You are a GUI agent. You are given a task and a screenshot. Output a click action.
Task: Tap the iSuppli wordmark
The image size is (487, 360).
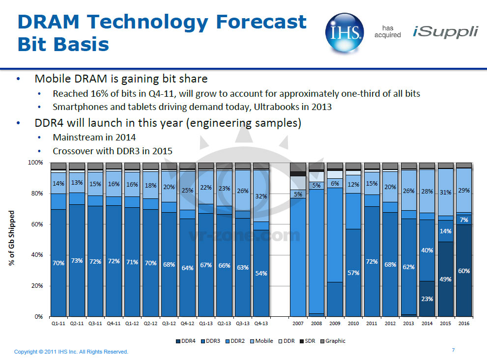(445, 32)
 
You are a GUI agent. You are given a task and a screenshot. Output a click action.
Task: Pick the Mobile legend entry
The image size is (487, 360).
(263, 341)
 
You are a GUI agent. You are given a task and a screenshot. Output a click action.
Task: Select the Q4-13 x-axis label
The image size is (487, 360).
(261, 324)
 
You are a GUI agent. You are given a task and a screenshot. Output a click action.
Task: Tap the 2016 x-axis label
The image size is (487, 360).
(463, 324)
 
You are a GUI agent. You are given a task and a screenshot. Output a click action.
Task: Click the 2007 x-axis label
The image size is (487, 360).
(298, 324)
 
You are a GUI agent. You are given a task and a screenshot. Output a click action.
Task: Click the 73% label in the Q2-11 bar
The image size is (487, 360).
(77, 261)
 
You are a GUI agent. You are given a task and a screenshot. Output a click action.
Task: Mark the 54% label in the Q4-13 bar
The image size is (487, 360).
(261, 273)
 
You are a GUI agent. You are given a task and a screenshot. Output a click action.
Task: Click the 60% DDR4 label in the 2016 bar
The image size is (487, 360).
(463, 271)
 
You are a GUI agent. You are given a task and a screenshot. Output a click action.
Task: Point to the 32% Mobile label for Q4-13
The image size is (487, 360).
(261, 196)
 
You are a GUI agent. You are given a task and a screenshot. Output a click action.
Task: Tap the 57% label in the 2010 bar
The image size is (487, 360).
(353, 272)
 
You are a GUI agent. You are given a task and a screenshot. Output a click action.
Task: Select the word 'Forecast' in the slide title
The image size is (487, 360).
(260, 22)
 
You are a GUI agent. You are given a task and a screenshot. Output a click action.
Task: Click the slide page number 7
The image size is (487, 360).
(453, 350)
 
